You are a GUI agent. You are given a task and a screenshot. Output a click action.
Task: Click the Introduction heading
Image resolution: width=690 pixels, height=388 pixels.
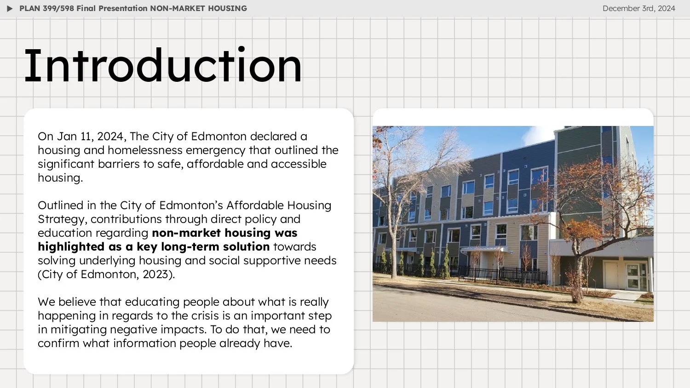point(163,66)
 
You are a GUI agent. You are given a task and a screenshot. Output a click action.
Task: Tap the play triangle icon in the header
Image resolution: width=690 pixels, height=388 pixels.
point(10,9)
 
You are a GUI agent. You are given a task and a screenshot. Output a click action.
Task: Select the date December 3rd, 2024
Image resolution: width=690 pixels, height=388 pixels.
point(638,8)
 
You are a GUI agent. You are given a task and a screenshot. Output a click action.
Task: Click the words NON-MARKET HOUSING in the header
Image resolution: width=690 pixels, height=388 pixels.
point(198,8)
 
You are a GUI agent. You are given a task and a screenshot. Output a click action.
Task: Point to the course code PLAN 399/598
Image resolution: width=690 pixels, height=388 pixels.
point(46,8)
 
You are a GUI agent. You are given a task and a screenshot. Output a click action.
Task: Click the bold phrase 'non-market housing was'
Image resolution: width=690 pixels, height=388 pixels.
point(224,233)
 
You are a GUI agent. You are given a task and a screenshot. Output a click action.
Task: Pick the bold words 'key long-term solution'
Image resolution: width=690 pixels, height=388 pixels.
point(203,247)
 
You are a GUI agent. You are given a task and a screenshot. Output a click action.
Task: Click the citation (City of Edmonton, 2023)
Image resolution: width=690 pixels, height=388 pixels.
point(106,274)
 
